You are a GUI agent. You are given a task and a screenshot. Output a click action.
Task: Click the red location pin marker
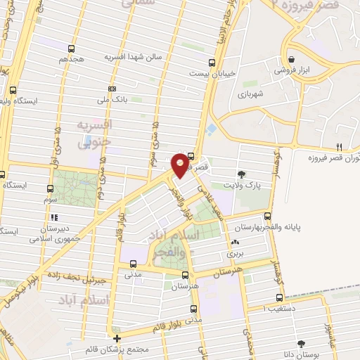(x=181, y=164)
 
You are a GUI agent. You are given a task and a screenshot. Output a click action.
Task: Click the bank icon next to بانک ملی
(x=112, y=89)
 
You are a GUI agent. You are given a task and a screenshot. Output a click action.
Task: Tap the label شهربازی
(x=250, y=94)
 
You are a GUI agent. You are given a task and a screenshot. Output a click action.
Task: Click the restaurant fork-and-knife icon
(x=339, y=146)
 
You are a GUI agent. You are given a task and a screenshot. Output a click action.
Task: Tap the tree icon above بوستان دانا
(x=302, y=344)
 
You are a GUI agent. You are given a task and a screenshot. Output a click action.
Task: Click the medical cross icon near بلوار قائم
(x=117, y=339)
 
